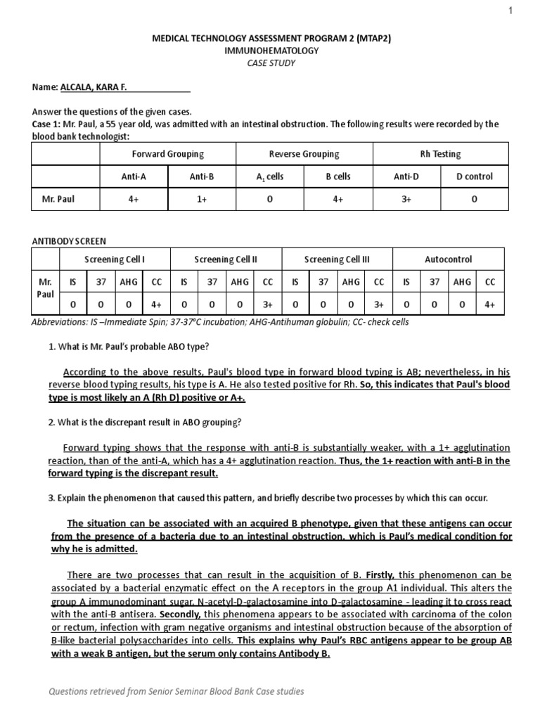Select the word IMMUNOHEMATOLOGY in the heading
[x=271, y=51]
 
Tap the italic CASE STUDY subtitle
[x=271, y=63]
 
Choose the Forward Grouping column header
[x=168, y=153]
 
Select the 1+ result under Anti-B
[x=202, y=199]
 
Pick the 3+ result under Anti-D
[x=406, y=199]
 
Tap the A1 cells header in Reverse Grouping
[x=269, y=176]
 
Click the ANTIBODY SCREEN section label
[x=69, y=240]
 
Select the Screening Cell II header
[x=226, y=259]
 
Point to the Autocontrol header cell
[x=448, y=259]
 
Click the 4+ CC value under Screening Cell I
[x=156, y=304]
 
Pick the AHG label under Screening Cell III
[x=351, y=282]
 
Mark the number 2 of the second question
[x=51, y=422]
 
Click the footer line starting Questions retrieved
[x=176, y=691]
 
